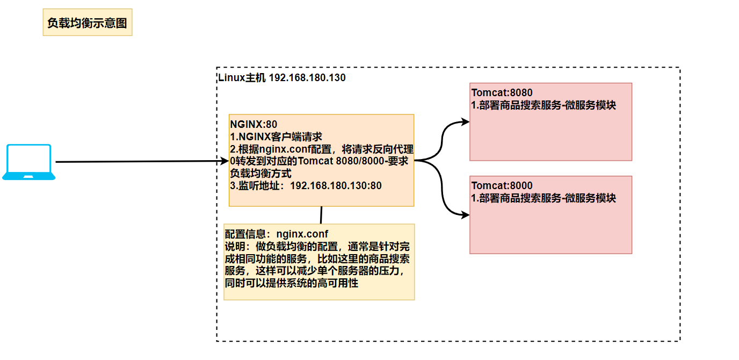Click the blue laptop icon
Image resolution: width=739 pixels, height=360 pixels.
(29, 162)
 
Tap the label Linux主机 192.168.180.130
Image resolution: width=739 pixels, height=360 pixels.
(282, 77)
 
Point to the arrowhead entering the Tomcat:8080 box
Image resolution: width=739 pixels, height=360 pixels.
(465, 122)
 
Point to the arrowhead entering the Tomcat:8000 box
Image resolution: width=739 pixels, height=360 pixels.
(465, 215)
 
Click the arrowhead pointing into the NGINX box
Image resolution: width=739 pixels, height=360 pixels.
(224, 161)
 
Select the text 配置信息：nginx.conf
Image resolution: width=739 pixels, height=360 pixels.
(276, 234)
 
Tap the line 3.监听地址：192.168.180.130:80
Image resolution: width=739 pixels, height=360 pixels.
(306, 186)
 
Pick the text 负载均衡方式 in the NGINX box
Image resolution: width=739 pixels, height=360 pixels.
(260, 174)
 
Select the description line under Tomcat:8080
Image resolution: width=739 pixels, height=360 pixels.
(544, 105)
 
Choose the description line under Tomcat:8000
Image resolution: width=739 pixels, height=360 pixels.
(544, 198)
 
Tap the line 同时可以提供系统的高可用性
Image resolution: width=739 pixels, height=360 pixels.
(292, 283)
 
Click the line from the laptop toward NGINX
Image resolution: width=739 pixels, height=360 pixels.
(140, 161)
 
